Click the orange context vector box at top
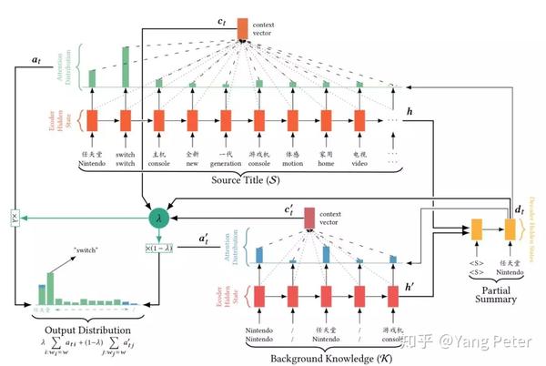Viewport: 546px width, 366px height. [x=242, y=28]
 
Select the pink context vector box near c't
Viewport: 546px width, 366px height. [x=308, y=218]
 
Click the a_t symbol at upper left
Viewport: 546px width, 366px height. [x=35, y=59]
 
